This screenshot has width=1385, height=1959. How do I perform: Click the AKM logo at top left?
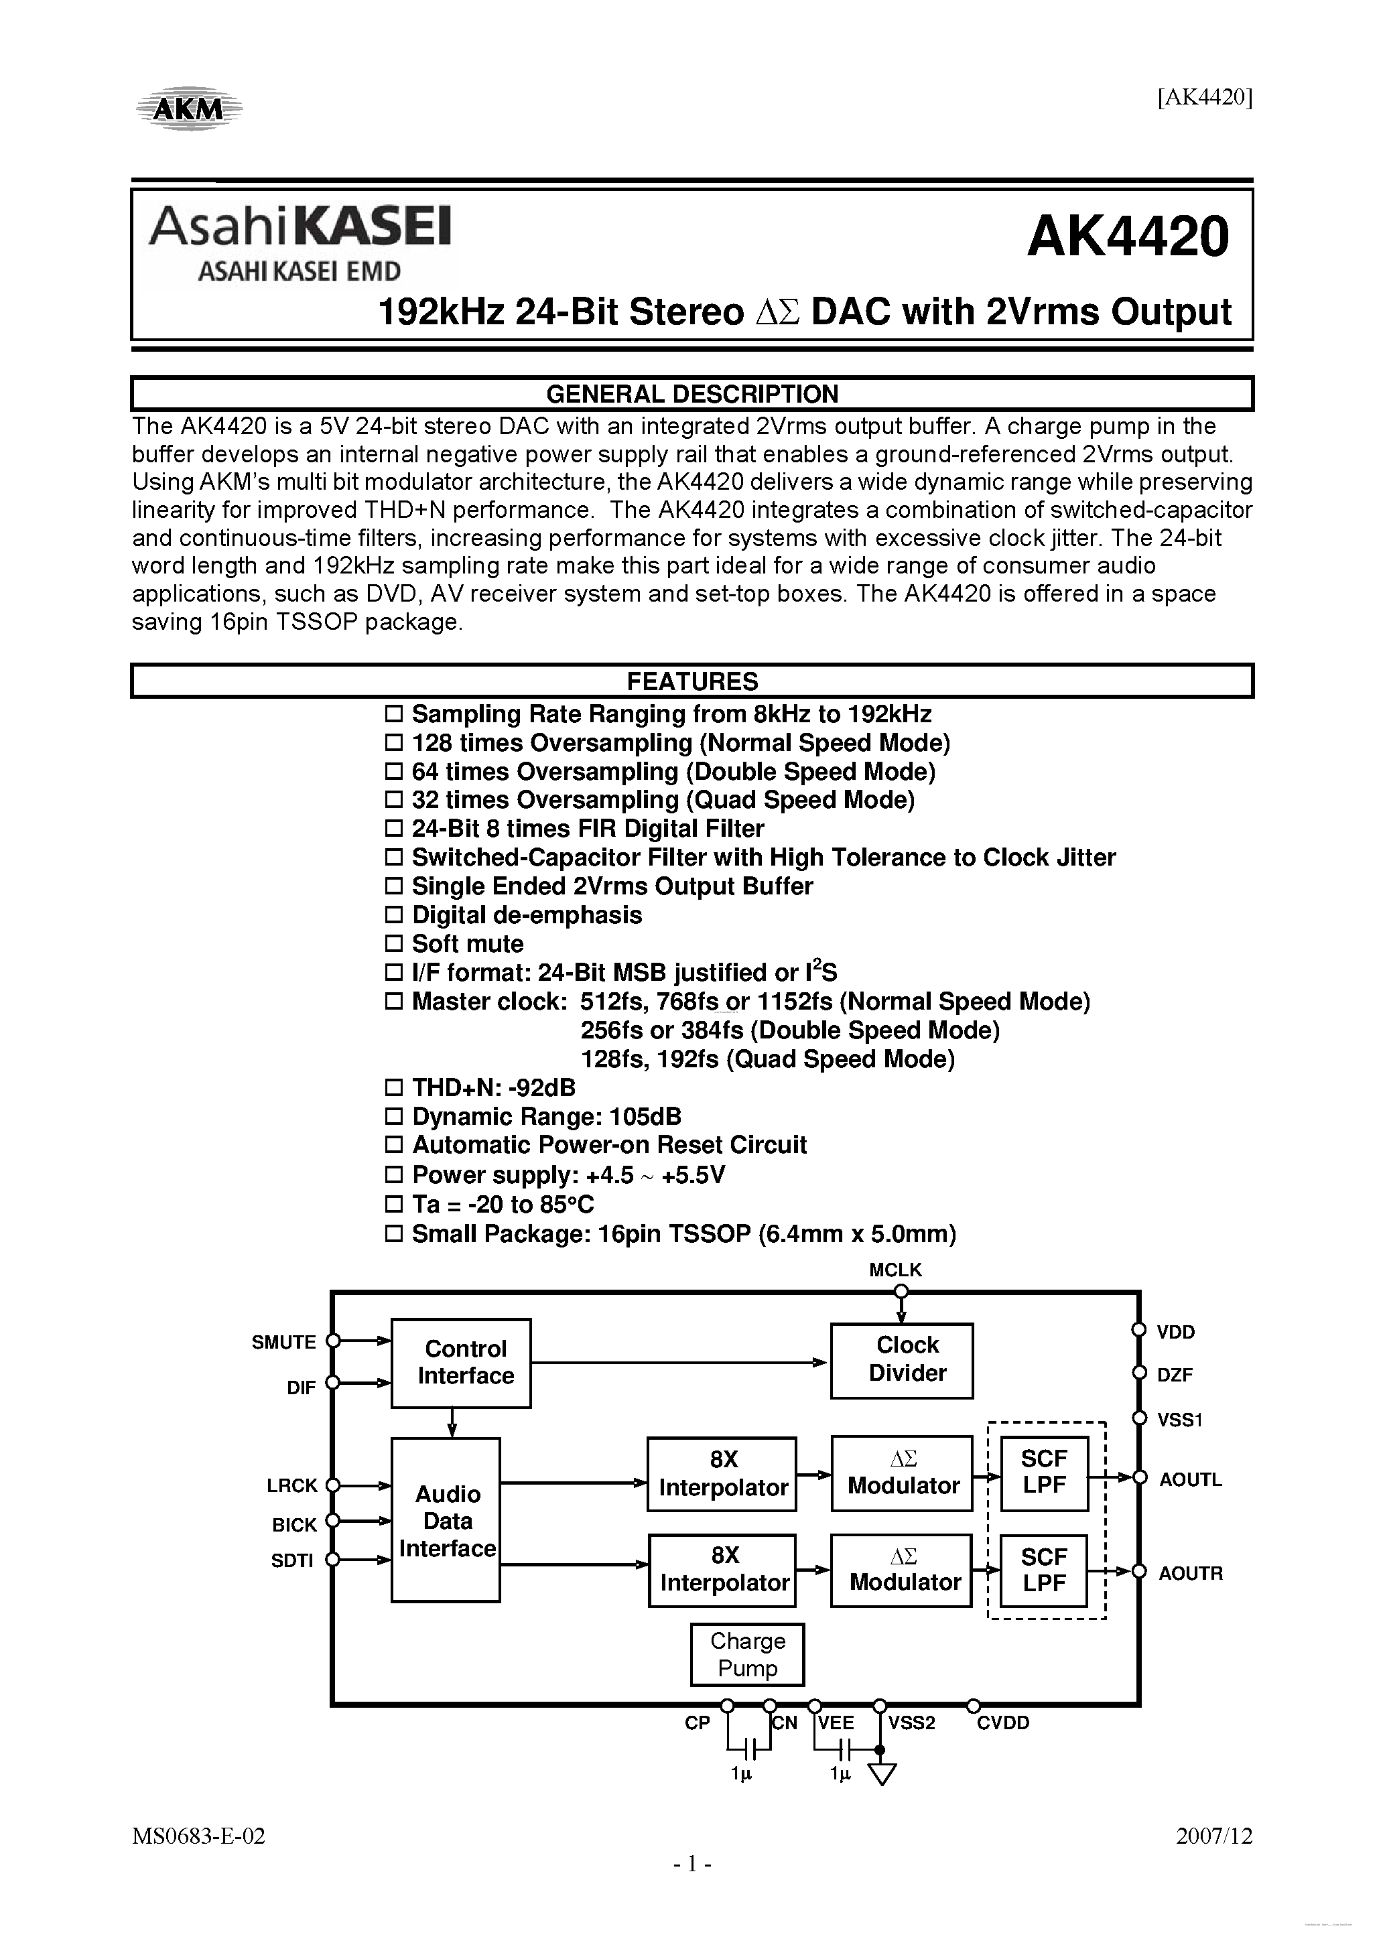pos(190,109)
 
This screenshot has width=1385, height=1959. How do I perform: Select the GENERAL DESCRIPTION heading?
pos(691,394)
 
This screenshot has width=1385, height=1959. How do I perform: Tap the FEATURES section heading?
pos(691,682)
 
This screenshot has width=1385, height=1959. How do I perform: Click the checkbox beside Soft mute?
pos(393,944)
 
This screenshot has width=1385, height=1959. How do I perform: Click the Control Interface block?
pos(461,1363)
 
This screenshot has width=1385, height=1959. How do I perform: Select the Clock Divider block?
pos(902,1360)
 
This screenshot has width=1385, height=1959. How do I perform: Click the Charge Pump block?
pos(746,1654)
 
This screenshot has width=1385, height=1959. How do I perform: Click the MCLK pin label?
pos(895,1270)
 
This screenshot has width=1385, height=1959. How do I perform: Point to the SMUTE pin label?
pos(283,1342)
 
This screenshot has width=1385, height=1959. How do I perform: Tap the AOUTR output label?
pos(1189,1572)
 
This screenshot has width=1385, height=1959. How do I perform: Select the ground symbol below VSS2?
pos(882,1775)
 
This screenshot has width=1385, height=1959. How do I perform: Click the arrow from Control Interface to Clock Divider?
pos(678,1363)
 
